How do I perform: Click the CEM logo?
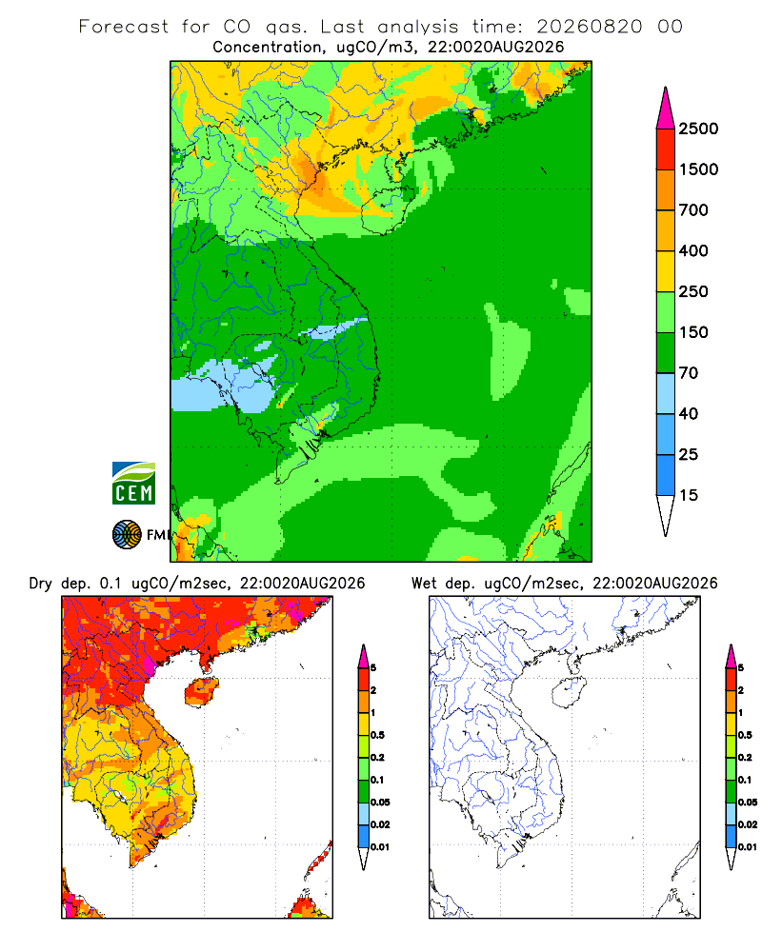point(133,483)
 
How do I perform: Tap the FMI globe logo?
point(127,535)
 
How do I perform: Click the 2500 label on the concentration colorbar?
point(698,129)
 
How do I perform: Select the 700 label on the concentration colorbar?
point(693,210)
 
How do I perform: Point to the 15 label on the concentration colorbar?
point(689,495)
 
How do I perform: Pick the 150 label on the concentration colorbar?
point(693,332)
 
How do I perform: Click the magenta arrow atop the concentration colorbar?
point(666,109)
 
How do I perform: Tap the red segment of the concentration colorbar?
point(666,149)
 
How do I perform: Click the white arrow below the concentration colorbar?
point(666,516)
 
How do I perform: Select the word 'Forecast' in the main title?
point(124,27)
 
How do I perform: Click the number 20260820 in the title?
point(589,27)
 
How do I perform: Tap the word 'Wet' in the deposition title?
point(424,584)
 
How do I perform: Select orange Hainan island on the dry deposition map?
point(202,692)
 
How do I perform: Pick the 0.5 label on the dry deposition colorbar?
point(377,735)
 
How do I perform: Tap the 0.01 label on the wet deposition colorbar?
point(748,847)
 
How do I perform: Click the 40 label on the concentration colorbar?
point(689,414)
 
